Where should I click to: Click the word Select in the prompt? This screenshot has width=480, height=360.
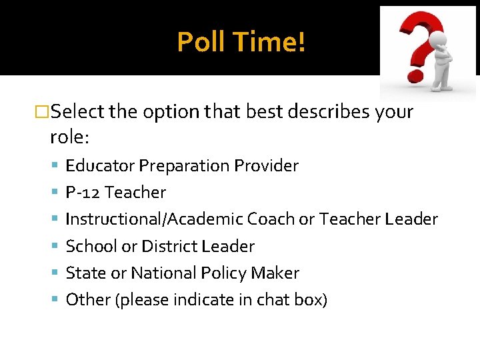pyautogui.click(x=77, y=111)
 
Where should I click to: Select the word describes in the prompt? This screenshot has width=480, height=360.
pyautogui.click(x=321, y=111)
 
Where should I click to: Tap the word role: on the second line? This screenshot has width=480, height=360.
pyautogui.click(x=70, y=137)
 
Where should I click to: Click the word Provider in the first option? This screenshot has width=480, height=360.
pyautogui.click(x=265, y=165)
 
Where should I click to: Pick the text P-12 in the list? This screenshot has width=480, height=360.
pyautogui.click(x=83, y=193)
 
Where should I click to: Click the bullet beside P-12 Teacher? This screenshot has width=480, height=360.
pyautogui.click(x=55, y=193)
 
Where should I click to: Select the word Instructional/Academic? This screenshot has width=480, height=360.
pyautogui.click(x=154, y=219)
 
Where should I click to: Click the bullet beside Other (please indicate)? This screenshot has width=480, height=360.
pyautogui.click(x=55, y=301)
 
